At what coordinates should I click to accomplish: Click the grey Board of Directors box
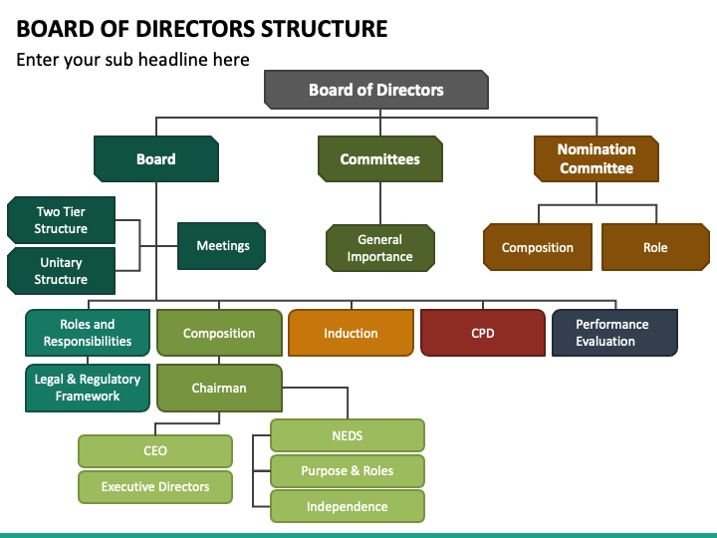click(376, 90)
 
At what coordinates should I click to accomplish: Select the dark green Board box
click(156, 158)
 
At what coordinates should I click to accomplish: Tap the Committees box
click(380, 158)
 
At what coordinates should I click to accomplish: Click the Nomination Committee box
click(597, 158)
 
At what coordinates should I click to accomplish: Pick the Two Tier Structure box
click(61, 220)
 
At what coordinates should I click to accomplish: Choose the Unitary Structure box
click(61, 271)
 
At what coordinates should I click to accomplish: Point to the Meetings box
click(222, 246)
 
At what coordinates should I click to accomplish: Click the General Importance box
click(380, 248)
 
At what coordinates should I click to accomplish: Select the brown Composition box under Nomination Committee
click(538, 247)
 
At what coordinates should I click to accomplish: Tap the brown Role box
click(655, 247)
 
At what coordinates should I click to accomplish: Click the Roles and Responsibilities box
click(88, 333)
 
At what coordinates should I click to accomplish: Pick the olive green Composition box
click(219, 333)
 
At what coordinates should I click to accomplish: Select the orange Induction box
click(351, 333)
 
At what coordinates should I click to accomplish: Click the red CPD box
click(483, 333)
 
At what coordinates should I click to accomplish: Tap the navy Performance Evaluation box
click(614, 333)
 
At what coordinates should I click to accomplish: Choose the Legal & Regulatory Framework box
click(88, 388)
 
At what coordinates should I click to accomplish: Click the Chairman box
click(219, 388)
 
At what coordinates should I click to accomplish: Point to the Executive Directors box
click(155, 487)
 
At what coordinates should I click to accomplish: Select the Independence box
click(348, 506)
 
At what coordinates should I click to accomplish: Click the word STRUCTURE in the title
click(325, 28)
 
